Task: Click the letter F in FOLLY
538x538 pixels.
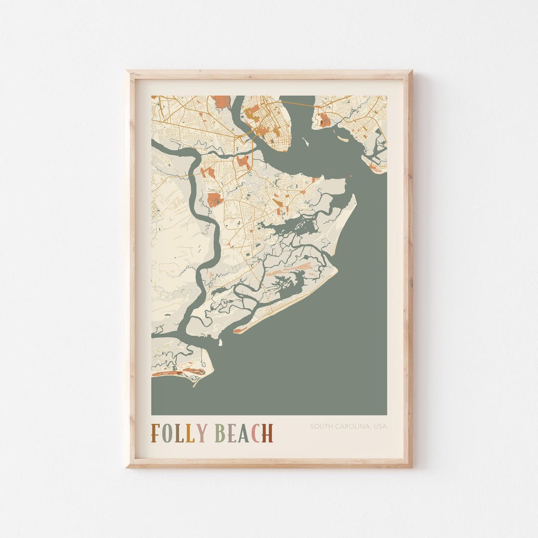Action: (156, 433)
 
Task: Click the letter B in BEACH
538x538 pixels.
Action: (220, 433)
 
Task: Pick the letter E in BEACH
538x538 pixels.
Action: (232, 433)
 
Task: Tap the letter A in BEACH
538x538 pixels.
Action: (244, 433)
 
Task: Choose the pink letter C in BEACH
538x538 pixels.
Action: (256, 433)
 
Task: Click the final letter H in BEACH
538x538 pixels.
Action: (268, 433)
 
